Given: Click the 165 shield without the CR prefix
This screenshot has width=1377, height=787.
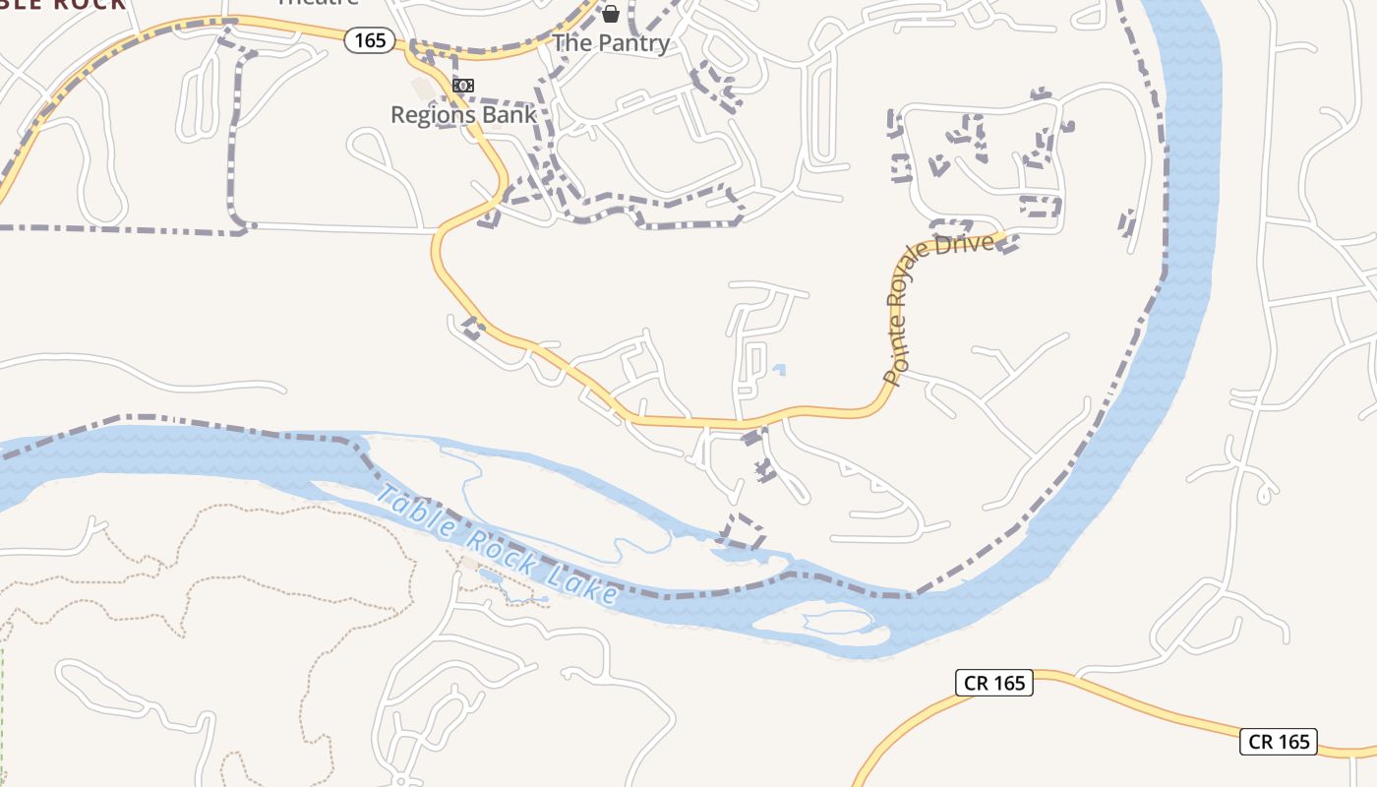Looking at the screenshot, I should [x=370, y=40].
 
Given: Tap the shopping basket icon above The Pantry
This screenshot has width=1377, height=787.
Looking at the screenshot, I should [x=611, y=13].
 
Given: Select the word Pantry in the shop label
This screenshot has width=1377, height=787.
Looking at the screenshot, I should [x=633, y=43].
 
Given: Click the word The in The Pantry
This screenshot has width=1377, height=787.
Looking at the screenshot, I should [x=572, y=43].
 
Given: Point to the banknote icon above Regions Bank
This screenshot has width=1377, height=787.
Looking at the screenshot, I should [x=462, y=86].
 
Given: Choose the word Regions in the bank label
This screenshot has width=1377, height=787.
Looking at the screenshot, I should [x=434, y=114].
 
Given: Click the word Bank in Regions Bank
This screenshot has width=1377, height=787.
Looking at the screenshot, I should [x=509, y=114].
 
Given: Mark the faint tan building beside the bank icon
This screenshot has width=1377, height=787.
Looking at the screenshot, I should [x=423, y=90].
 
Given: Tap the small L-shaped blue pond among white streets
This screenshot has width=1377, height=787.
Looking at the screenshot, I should [x=779, y=371].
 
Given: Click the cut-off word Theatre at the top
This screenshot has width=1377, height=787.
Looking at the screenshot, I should [x=318, y=3].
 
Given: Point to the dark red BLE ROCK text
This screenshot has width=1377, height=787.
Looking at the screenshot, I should [x=63, y=4].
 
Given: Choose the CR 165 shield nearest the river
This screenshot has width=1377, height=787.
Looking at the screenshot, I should [x=994, y=683].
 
